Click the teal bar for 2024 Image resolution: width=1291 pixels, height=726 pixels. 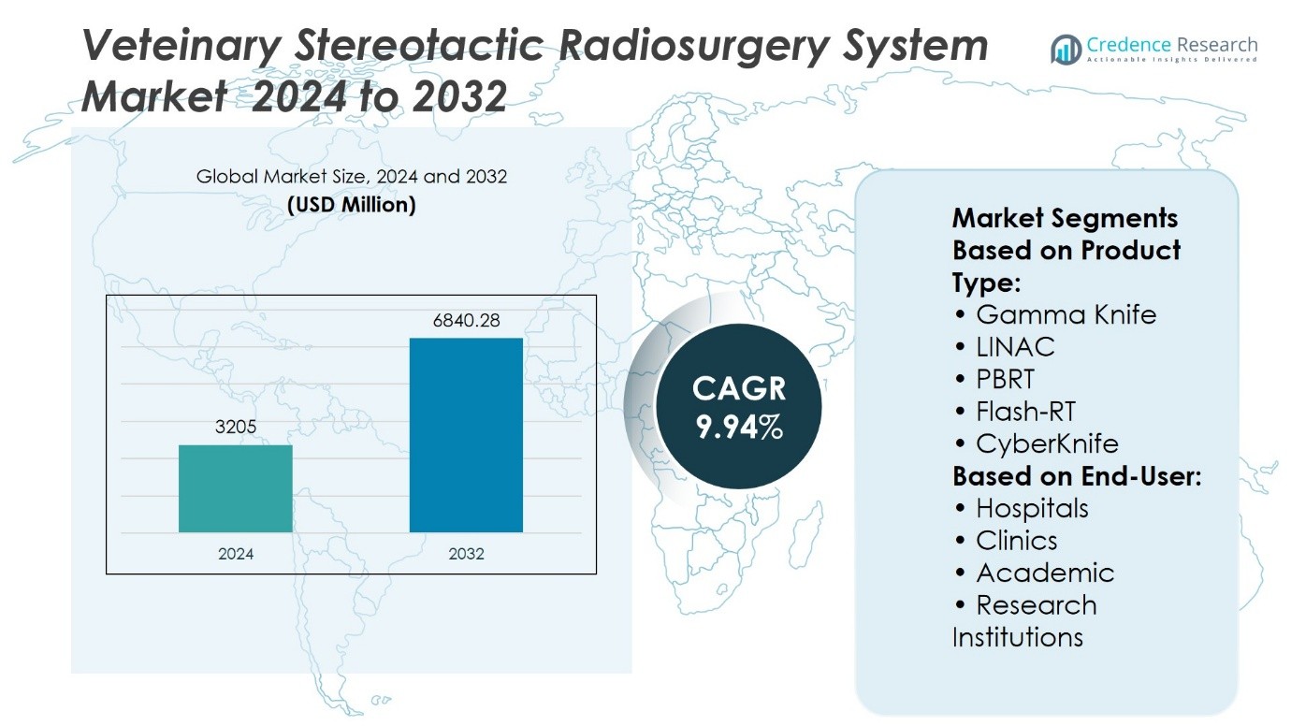235,488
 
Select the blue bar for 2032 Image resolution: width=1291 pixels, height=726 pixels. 466,435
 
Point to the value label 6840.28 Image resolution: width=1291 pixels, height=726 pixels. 466,320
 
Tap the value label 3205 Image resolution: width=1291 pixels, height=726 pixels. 235,427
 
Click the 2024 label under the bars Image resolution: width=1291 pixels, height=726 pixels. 235,554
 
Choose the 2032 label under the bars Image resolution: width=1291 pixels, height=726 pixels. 466,554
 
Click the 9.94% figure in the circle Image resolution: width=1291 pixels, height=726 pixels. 739,427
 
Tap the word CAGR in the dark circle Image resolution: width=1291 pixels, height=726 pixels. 739,388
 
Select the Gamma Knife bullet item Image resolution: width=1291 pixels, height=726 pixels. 1054,314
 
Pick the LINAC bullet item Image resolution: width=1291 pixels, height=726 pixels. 1005,347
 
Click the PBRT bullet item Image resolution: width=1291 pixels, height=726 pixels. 994,379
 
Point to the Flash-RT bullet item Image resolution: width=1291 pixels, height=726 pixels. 1015,412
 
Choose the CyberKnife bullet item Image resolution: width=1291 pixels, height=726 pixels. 1037,443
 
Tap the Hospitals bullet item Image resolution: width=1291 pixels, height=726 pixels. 1022,508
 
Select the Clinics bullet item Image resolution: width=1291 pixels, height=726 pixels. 1006,541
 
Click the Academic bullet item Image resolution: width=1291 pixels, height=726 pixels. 1034,573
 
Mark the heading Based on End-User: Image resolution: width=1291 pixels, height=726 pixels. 1077,476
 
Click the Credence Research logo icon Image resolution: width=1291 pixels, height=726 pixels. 1066,50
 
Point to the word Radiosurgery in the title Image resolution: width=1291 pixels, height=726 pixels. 694,46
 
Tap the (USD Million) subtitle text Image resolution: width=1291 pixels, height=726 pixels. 352,205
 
